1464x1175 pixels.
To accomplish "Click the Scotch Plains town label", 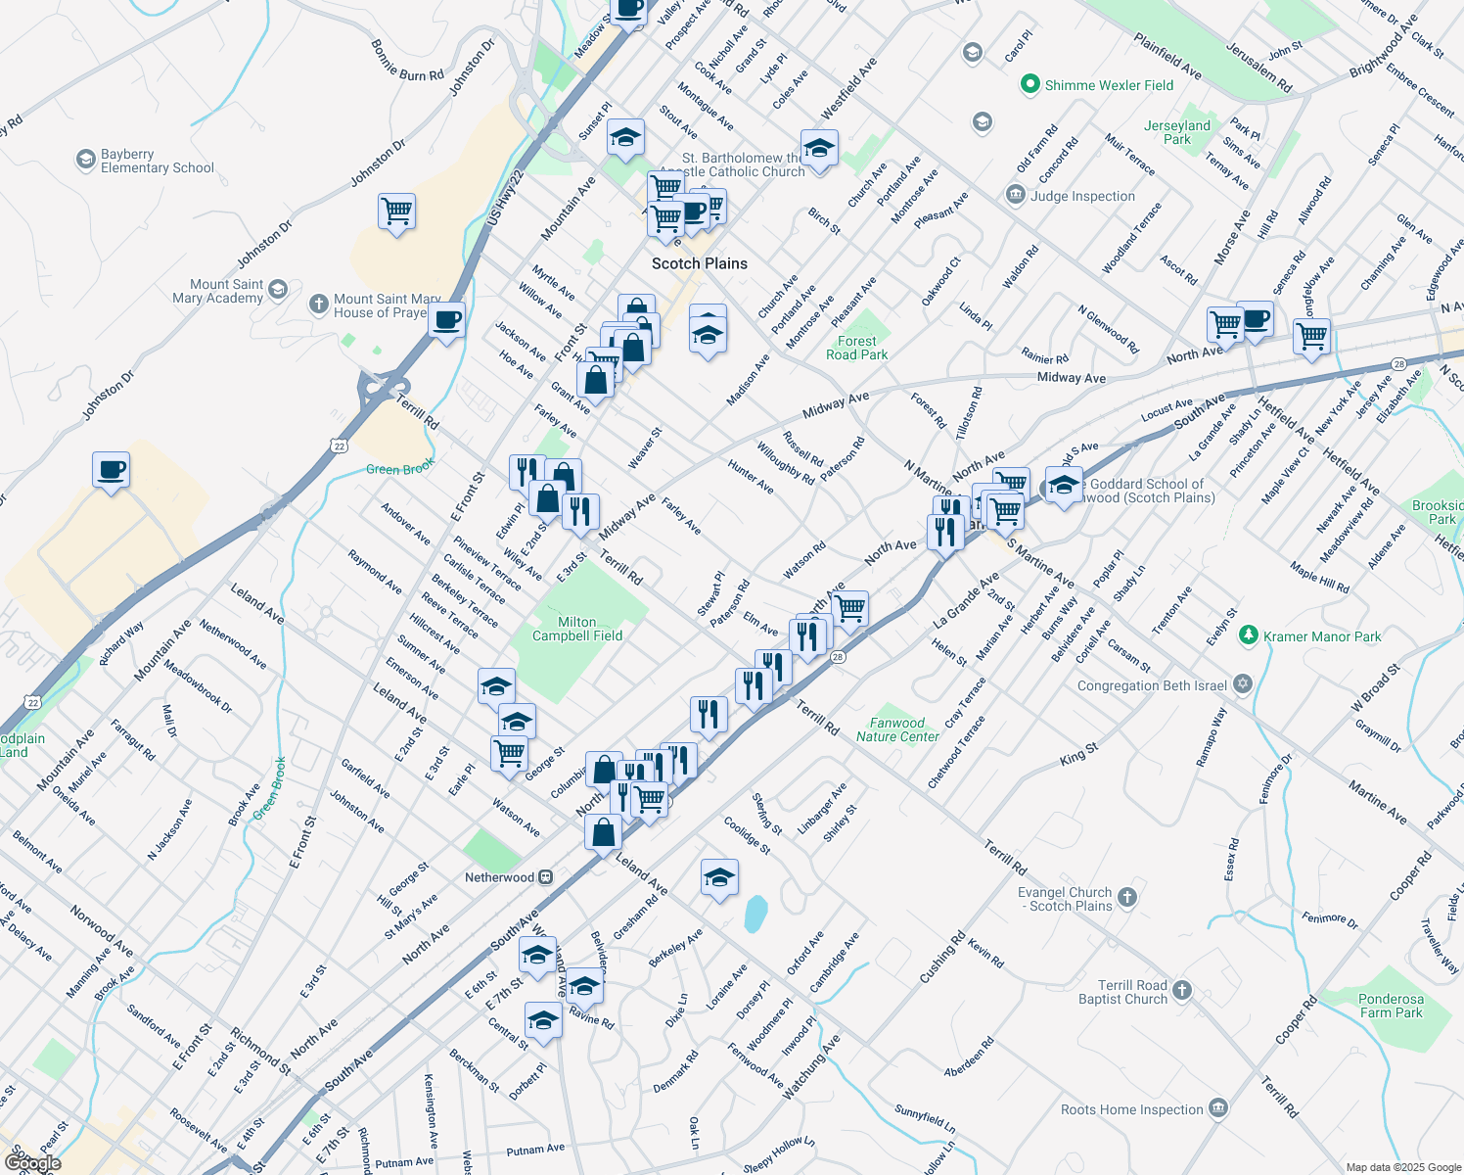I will [x=699, y=263].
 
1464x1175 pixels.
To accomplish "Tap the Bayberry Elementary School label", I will [x=157, y=162].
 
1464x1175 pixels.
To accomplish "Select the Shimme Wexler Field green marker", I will [x=1029, y=85].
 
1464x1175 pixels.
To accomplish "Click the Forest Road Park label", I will [x=857, y=348].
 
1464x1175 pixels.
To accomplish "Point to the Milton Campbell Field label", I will [x=577, y=629].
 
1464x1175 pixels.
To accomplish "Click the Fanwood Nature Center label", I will [x=897, y=729].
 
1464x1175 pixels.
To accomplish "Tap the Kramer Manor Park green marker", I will [x=1248, y=635].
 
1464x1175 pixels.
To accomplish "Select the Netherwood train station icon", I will [x=547, y=877].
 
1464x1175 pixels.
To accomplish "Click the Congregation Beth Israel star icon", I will [x=1243, y=684].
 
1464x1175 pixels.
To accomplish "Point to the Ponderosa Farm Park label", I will [x=1391, y=1006].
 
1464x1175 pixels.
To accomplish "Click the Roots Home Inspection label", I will [x=1131, y=1109].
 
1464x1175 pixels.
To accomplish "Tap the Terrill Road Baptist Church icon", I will [x=1182, y=991].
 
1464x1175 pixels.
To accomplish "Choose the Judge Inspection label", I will [x=1082, y=196].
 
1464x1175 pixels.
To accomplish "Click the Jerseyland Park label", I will [x=1177, y=132].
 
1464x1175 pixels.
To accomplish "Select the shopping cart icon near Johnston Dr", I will [x=397, y=211].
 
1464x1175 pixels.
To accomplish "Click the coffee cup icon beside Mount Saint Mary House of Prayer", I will [x=446, y=319].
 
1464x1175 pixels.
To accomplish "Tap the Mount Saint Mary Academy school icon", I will [x=278, y=289].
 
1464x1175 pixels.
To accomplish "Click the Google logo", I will [x=32, y=1162].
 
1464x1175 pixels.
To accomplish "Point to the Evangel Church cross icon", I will [x=1127, y=897].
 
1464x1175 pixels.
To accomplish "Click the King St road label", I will [x=1078, y=755].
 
